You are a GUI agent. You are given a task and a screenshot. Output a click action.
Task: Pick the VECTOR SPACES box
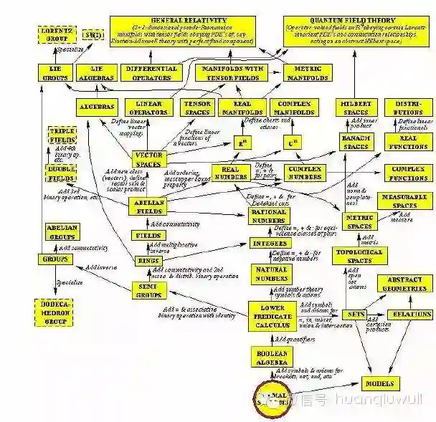pyautogui.click(x=148, y=159)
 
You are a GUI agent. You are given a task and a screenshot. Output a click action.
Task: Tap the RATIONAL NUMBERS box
pyautogui.click(x=269, y=216)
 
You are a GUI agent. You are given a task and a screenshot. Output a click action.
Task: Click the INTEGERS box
pyautogui.click(x=270, y=243)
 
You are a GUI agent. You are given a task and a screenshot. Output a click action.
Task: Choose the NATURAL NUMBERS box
pyautogui.click(x=271, y=274)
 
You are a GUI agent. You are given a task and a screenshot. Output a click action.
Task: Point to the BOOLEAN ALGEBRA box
pyautogui.click(x=272, y=357)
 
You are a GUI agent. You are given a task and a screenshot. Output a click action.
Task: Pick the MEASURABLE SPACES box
pyautogui.click(x=399, y=201)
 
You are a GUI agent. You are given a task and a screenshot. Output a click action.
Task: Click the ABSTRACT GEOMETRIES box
pyautogui.click(x=407, y=284)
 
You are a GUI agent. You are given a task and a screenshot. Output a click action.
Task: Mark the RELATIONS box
pyautogui.click(x=409, y=314)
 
